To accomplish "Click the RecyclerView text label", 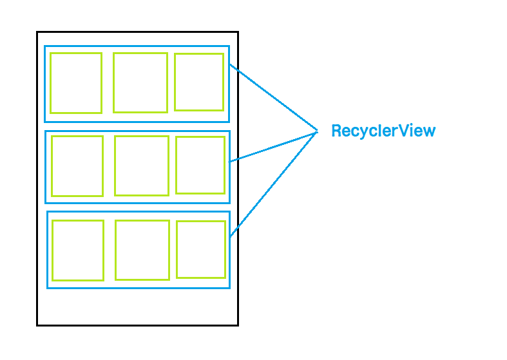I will pyautogui.click(x=383, y=131).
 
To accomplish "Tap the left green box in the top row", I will pyautogui.click(x=76, y=83).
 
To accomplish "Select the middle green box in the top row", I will pyautogui.click(x=140, y=82).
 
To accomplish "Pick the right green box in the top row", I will pyautogui.click(x=199, y=82).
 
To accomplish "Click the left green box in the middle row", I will pyautogui.click(x=77, y=166).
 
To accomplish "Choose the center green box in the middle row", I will pyautogui.click(x=142, y=166).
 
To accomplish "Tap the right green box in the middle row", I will pyautogui.click(x=200, y=165).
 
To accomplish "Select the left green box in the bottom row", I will pyautogui.click(x=78, y=251).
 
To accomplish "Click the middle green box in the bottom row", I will pyautogui.click(x=142, y=250).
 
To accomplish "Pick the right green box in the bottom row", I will pyautogui.click(x=201, y=249).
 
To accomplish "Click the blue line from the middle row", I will pyautogui.click(x=274, y=147).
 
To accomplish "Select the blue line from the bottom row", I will pyautogui.click(x=274, y=183).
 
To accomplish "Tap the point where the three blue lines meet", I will pyautogui.click(x=317, y=131).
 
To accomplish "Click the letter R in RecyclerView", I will pyautogui.click(x=336, y=131).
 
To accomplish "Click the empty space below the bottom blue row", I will pyautogui.click(x=137, y=306).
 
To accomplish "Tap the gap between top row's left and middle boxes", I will pyautogui.click(x=108, y=83).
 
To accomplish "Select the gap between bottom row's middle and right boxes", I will pyautogui.click(x=173, y=250).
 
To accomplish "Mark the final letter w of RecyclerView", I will pyautogui.click(x=430, y=132).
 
